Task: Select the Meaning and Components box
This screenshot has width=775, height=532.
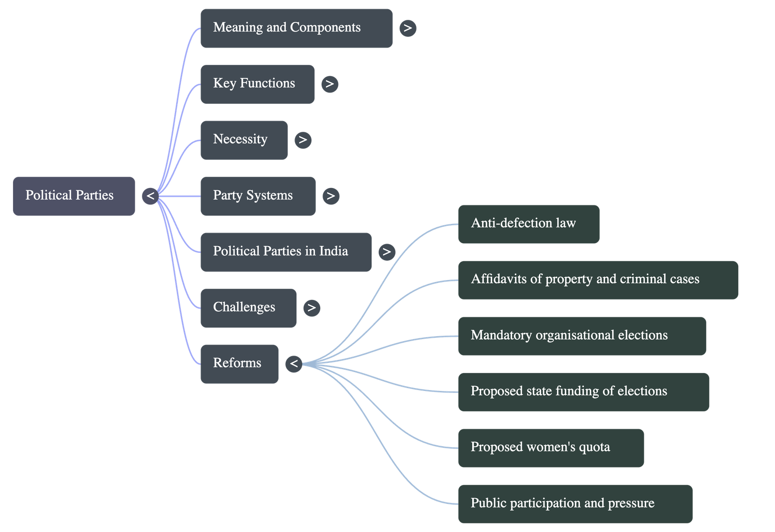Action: (x=296, y=28)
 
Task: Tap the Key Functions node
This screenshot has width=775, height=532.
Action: (x=257, y=84)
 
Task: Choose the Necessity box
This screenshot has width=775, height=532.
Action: (x=244, y=140)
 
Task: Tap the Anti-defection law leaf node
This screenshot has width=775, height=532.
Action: (x=528, y=224)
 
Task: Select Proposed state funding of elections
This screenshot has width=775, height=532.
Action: (x=583, y=391)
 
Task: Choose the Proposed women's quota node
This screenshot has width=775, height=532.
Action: (x=551, y=448)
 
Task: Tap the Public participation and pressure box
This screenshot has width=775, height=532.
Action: (x=575, y=503)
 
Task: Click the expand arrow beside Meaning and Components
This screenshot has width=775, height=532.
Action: (x=408, y=28)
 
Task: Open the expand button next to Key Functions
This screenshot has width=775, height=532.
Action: (x=330, y=84)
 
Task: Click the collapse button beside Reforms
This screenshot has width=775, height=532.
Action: (x=294, y=364)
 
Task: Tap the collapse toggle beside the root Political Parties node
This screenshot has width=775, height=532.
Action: (x=151, y=196)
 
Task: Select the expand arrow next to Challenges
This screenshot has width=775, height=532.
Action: (x=311, y=308)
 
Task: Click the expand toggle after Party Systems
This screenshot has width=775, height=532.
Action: (x=331, y=196)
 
